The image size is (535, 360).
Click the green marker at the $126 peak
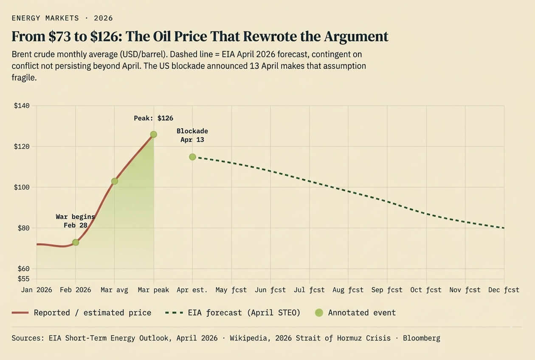click(x=153, y=134)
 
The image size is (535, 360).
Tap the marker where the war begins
click(x=76, y=242)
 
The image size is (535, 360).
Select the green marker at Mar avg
click(x=114, y=181)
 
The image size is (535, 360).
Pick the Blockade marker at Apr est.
click(x=192, y=157)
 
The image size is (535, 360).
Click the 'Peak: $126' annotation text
click(x=153, y=118)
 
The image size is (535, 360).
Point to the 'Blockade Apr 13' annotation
click(x=192, y=135)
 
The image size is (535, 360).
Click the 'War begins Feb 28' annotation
click(x=75, y=221)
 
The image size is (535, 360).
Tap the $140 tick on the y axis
click(x=22, y=106)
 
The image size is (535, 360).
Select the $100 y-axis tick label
click(x=22, y=187)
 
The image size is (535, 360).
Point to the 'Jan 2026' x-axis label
click(x=37, y=290)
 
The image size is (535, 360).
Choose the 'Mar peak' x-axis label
click(x=153, y=290)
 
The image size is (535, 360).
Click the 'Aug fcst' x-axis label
click(x=348, y=290)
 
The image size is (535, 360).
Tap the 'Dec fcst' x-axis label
click(x=504, y=290)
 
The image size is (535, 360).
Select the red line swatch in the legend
click(x=20, y=313)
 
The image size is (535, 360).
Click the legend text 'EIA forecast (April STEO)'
click(x=244, y=313)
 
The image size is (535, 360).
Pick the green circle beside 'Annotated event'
click(x=319, y=313)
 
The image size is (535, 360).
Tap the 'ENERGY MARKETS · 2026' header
click(x=62, y=18)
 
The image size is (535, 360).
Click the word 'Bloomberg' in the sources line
click(x=421, y=338)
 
